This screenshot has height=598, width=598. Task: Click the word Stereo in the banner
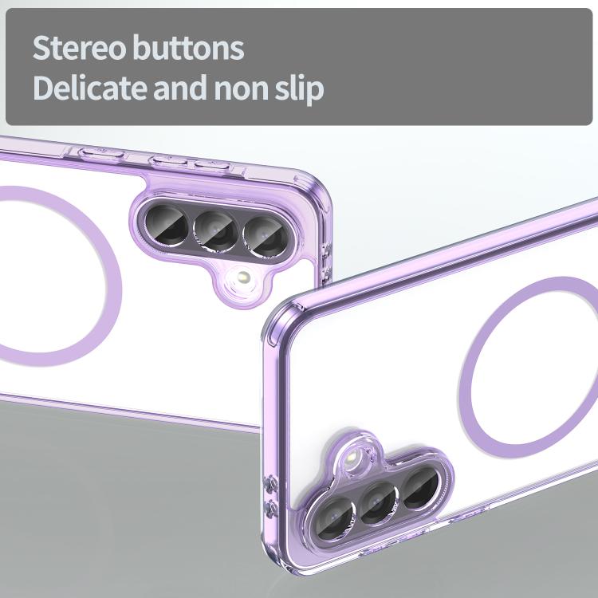(79, 48)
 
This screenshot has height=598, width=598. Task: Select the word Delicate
(90, 88)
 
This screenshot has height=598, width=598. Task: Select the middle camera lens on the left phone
(215, 231)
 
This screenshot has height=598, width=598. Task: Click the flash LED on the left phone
(243, 277)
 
